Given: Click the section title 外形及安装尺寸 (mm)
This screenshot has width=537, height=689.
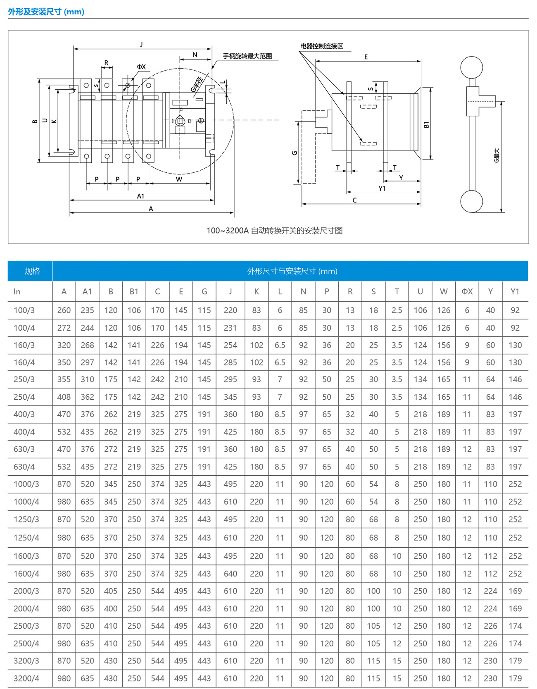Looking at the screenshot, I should click(x=46, y=12).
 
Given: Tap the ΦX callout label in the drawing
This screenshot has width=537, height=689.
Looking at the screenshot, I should click(x=141, y=67).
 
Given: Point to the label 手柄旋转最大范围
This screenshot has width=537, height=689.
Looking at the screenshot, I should click(x=247, y=56).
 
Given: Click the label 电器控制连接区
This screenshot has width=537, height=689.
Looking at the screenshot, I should click(x=322, y=46).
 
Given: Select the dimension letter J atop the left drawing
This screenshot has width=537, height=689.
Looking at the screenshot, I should click(x=141, y=44).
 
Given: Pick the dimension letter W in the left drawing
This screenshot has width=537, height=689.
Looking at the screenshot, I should click(x=179, y=179).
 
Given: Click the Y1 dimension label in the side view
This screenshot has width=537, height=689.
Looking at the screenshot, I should click(x=382, y=188).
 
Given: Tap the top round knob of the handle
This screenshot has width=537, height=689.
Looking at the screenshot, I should click(x=471, y=67).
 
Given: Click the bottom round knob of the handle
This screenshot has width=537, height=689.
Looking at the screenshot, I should click(x=471, y=201).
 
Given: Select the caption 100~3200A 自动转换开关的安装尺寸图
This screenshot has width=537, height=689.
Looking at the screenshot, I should click(x=274, y=231).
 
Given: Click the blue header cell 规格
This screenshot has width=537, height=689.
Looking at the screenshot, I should click(x=32, y=271).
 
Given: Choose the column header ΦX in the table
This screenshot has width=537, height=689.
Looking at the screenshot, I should click(x=467, y=292).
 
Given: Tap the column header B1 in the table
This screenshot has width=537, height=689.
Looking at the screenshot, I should click(x=134, y=292).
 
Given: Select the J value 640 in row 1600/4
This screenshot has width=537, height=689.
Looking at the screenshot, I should click(x=230, y=574).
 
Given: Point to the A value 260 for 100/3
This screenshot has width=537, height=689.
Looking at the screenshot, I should click(x=64, y=310).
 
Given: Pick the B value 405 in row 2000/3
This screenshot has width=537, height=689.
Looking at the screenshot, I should click(x=111, y=591).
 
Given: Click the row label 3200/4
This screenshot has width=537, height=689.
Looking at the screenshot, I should click(x=26, y=678).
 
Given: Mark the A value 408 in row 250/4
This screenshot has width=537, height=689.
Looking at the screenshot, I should click(x=64, y=397).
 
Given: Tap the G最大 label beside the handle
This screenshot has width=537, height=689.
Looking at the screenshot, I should click(x=497, y=155).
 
